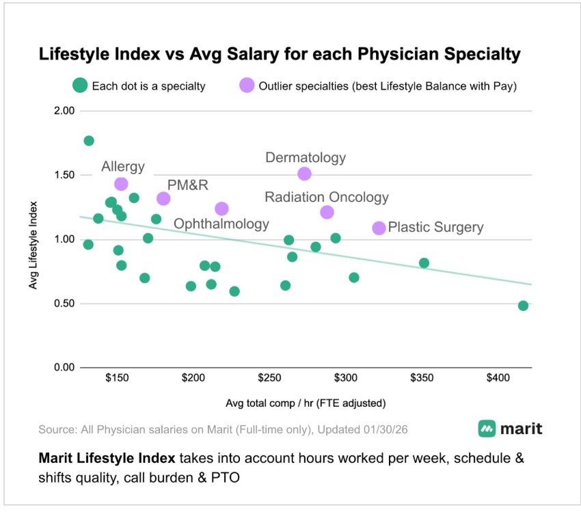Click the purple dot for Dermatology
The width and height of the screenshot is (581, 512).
(304, 174)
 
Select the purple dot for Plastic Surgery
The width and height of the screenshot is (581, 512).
(379, 228)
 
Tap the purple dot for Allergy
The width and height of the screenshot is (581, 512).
(121, 184)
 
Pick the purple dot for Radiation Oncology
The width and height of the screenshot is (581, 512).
(327, 212)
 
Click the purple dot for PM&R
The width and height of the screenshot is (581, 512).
(163, 198)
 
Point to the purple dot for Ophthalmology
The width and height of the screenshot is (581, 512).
(221, 208)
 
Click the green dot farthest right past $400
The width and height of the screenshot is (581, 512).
(523, 306)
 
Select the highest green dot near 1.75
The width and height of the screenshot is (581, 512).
(89, 141)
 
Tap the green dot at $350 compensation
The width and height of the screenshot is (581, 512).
(424, 263)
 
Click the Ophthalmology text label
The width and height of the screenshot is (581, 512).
(221, 224)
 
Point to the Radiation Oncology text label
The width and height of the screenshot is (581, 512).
(327, 198)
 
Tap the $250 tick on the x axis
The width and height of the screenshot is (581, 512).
(269, 378)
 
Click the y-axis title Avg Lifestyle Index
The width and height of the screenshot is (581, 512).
(33, 244)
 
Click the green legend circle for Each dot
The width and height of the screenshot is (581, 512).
(80, 86)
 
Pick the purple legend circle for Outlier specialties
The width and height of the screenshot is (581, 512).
(246, 86)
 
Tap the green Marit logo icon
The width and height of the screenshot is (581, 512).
(487, 429)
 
